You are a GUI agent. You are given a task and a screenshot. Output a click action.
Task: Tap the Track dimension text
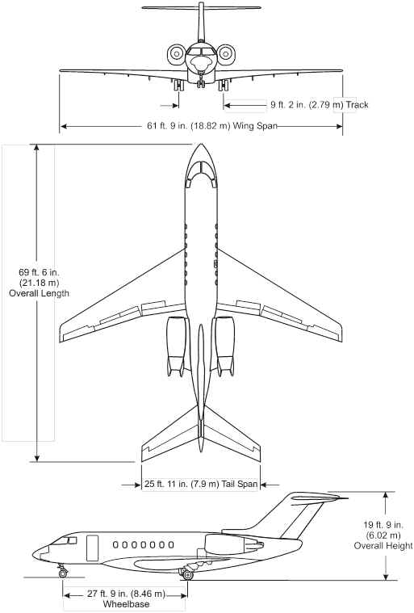tap(319, 105)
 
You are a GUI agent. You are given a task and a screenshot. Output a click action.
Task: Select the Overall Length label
tap(39, 283)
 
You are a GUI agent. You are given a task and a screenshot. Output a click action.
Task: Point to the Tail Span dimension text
tap(201, 484)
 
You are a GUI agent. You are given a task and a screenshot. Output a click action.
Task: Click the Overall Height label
tap(383, 535)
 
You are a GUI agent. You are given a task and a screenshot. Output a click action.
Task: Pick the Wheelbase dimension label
tap(126, 598)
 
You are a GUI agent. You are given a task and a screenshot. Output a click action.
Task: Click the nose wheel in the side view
tap(62, 573)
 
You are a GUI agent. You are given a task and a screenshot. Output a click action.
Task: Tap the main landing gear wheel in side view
tap(188, 575)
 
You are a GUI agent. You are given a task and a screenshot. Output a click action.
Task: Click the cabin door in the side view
tap(92, 548)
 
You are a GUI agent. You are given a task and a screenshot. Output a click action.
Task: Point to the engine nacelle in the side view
tap(233, 544)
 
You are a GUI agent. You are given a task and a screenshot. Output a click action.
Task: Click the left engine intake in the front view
tap(176, 53)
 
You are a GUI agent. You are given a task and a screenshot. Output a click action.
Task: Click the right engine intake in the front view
tap(226, 53)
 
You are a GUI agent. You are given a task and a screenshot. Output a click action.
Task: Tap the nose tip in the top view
tap(200, 144)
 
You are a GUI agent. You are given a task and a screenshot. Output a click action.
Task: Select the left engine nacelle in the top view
tap(176, 346)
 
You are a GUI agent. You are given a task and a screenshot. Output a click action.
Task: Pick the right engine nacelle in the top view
tap(224, 346)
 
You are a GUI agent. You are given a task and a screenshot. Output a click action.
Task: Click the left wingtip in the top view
tap(61, 334)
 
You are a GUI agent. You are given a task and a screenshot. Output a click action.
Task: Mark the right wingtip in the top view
tap(341, 334)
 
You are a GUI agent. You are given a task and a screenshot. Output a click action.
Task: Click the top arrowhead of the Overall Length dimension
tap(36, 147)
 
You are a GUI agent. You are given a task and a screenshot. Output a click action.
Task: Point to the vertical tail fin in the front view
tap(201, 23)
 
